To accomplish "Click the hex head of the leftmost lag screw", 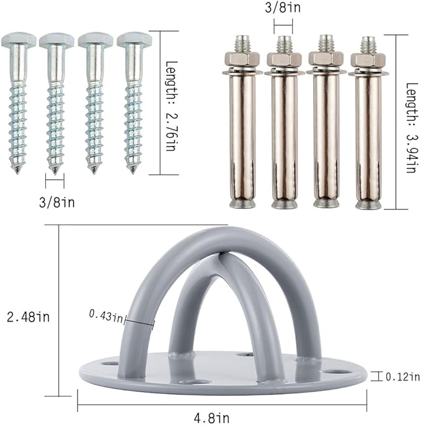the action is click(x=19, y=40).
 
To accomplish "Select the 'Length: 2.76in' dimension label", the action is click(x=171, y=106).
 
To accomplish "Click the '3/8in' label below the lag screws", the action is click(x=56, y=202).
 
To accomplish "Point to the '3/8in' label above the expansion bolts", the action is click(x=283, y=7).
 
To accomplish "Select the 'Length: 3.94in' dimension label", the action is click(x=412, y=128).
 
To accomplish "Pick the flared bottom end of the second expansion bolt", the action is click(x=285, y=204).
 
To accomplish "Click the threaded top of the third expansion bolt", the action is click(x=326, y=43).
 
